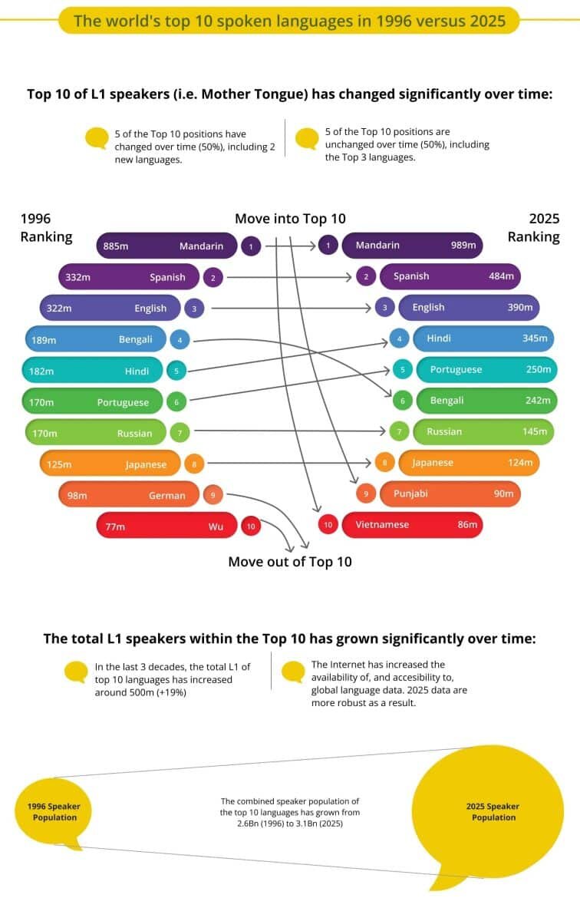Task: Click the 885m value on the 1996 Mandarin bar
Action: [116, 246]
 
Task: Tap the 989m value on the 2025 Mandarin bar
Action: [463, 246]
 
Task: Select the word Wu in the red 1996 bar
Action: [216, 527]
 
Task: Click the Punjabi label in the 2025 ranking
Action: [410, 494]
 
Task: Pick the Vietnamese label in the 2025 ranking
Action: [382, 525]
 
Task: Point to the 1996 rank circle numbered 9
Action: [213, 496]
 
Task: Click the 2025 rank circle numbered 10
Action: [328, 525]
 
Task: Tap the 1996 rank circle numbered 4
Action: [180, 340]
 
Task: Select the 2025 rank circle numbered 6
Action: [402, 401]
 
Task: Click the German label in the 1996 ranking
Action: [167, 496]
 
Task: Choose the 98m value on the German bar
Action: [77, 496]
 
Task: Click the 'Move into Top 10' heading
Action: [290, 219]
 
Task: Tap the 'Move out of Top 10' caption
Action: [290, 562]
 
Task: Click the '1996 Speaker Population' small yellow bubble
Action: [54, 812]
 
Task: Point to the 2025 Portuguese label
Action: [456, 369]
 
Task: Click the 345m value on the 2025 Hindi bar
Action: [535, 338]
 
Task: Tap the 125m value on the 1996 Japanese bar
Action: [58, 464]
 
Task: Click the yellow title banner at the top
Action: [289, 21]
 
